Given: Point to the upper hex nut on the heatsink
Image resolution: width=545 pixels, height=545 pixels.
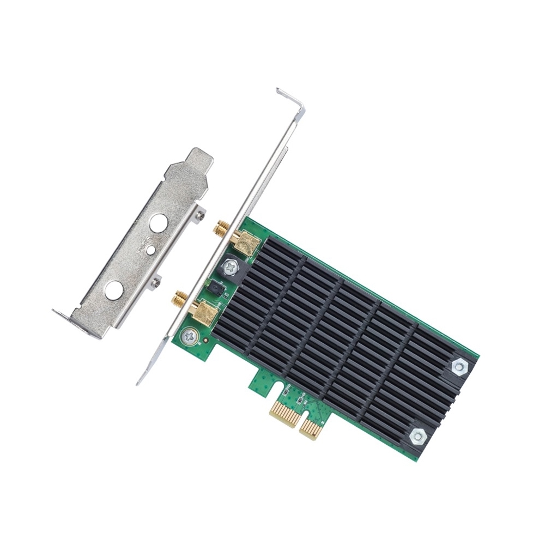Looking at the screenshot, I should click(459, 366).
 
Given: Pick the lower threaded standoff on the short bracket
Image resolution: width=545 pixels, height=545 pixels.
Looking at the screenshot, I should click(156, 282).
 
